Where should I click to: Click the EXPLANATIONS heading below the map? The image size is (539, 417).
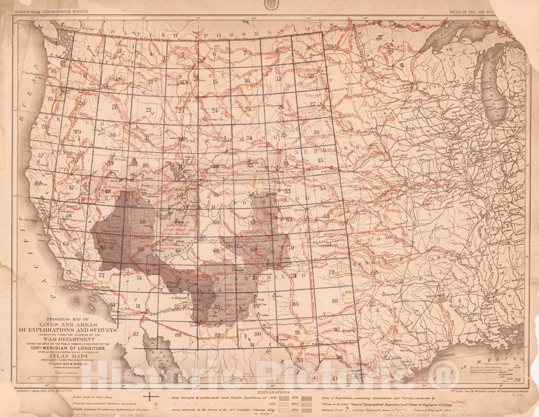[x=274, y=393]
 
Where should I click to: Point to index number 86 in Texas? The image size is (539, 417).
[x=335, y=301]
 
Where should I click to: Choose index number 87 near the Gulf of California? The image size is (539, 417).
[x=136, y=334]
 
